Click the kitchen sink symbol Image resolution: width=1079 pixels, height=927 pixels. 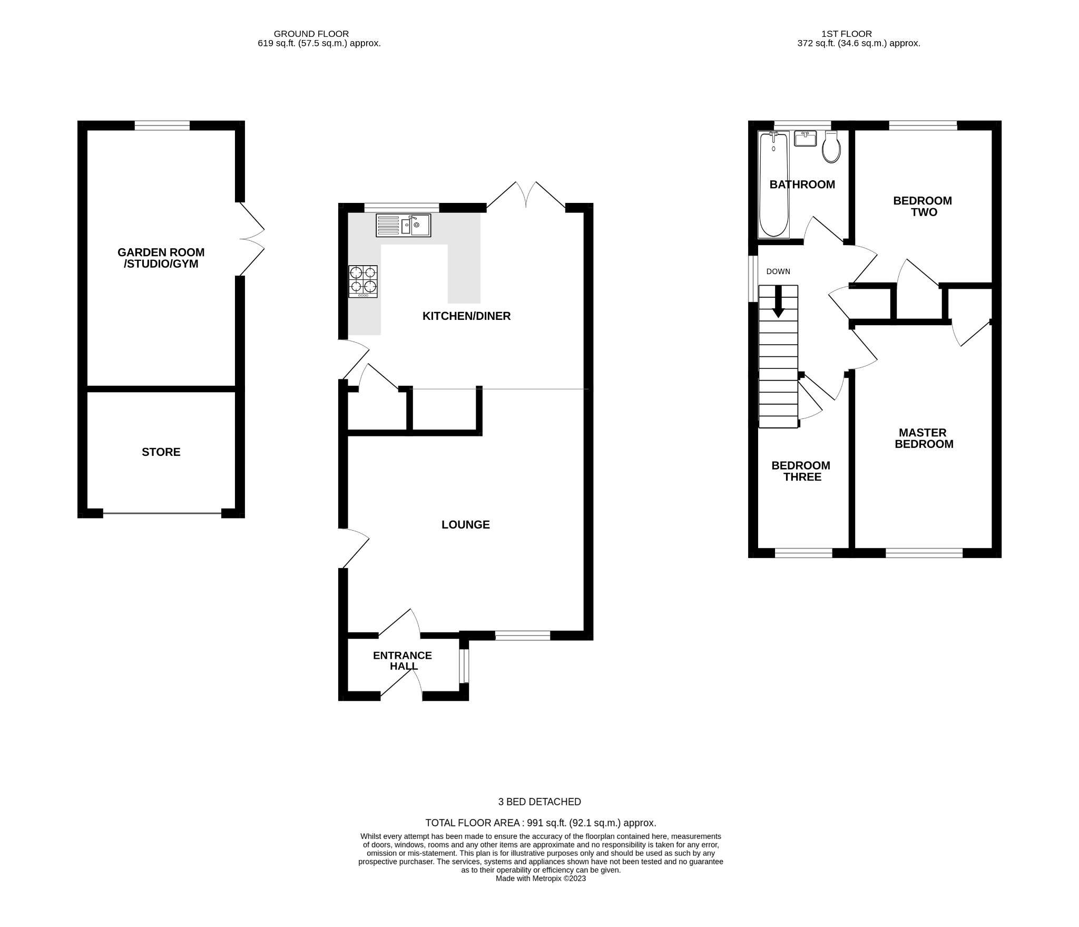point(403,226)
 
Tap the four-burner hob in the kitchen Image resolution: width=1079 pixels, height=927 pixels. point(363,281)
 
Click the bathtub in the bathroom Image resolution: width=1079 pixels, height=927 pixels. point(773,184)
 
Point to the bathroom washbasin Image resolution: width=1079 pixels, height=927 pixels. point(805,139)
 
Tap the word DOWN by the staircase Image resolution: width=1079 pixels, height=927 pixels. point(778,271)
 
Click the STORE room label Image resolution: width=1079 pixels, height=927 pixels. point(161,452)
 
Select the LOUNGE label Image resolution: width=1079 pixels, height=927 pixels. point(465,524)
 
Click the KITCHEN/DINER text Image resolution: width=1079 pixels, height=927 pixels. point(466,316)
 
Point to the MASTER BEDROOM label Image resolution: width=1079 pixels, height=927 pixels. point(924,438)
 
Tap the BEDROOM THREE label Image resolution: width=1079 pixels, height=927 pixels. point(801,471)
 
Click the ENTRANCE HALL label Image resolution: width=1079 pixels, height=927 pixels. point(403,660)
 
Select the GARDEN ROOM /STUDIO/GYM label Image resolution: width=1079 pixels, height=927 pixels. point(161,258)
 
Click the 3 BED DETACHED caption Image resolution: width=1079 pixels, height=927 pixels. point(539,802)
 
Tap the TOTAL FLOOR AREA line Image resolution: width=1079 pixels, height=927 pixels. point(540,823)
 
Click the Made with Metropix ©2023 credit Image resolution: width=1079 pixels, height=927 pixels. point(540,879)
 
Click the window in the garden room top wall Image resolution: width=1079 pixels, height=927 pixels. point(162,125)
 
